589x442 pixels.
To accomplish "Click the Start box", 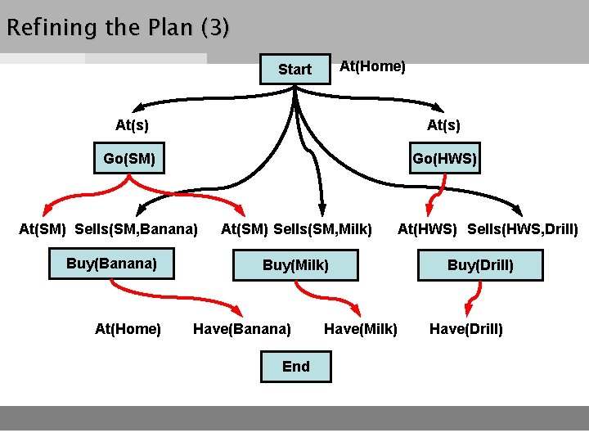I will click(x=294, y=70).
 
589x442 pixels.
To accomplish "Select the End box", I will click(x=296, y=366).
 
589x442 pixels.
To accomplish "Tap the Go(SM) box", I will click(x=129, y=158).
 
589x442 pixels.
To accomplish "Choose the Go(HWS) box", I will click(x=444, y=158).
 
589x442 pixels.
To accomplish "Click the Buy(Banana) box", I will click(x=111, y=264).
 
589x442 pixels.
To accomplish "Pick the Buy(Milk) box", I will click(x=295, y=265).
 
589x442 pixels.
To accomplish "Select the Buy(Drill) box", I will click(x=480, y=265).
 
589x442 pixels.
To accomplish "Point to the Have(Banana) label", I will click(x=241, y=329).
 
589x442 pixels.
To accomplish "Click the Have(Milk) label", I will click(x=361, y=329).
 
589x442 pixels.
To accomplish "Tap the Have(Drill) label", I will click(x=466, y=329).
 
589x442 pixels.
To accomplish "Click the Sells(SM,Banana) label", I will click(x=136, y=228).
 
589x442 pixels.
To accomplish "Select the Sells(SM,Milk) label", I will click(x=322, y=228).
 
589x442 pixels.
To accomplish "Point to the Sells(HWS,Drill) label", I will click(x=523, y=228).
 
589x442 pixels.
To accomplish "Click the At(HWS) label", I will click(x=428, y=228).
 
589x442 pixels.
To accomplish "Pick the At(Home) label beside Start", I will click(x=372, y=66).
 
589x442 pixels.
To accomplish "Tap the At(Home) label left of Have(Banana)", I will click(x=128, y=329).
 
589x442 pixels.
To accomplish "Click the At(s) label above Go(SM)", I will click(x=132, y=125).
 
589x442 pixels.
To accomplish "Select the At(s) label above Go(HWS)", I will click(x=443, y=125).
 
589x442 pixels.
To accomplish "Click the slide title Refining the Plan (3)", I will click(x=118, y=28).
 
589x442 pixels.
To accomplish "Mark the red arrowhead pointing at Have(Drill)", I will click(x=468, y=309).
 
